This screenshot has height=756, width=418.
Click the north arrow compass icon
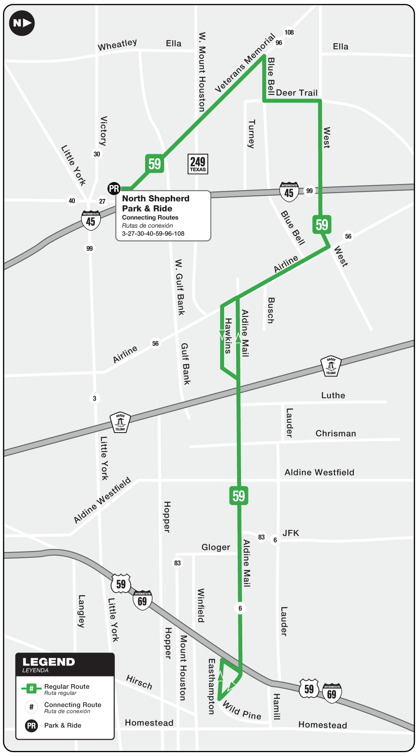click(22, 23)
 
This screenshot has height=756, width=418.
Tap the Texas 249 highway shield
click(198, 164)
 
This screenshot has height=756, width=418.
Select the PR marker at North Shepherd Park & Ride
click(114, 189)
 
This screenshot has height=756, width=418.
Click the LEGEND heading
click(48, 662)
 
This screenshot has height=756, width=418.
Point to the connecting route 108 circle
click(289, 32)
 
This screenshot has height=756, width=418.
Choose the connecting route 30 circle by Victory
click(97, 154)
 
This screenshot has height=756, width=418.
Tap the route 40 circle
click(72, 201)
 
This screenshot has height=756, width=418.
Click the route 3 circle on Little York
click(94, 398)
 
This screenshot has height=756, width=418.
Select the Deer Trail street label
click(296, 93)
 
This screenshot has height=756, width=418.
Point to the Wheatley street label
click(117, 45)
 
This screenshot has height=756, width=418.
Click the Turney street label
click(252, 134)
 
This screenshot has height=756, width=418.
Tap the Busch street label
click(271, 310)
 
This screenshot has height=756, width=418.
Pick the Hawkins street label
click(228, 335)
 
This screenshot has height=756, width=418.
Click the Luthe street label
click(333, 395)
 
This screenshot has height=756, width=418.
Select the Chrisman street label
click(336, 433)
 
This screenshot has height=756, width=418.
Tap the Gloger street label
click(216, 547)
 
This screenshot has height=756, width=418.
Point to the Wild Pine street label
click(242, 710)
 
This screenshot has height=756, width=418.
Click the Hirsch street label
click(139, 682)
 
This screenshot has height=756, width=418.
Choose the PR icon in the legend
click(31, 726)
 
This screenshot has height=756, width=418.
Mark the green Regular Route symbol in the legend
click(31, 688)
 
